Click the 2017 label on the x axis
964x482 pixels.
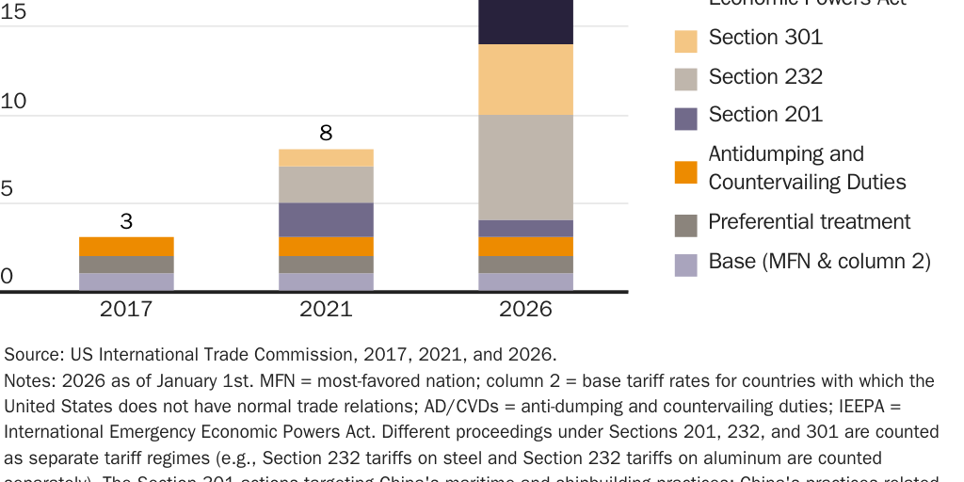coord(126,309)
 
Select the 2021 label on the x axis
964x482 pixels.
coord(326,309)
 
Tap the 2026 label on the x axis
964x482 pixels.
coord(525,309)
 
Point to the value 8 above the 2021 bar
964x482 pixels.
coord(326,133)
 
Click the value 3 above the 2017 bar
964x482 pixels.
coord(126,222)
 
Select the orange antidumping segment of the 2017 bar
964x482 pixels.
coord(126,246)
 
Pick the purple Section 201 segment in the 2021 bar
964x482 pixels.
coord(326,219)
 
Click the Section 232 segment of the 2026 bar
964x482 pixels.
coord(525,168)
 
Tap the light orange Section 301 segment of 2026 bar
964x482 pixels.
coord(525,80)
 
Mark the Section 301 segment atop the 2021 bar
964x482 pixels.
coord(326,158)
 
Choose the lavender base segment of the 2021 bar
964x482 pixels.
coord(326,281)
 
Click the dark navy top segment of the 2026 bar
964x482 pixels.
coord(525,21)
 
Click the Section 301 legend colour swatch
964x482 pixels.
coord(686,40)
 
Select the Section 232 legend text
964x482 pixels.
coord(765,76)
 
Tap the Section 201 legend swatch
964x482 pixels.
coord(686,118)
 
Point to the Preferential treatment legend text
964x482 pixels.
coord(809,221)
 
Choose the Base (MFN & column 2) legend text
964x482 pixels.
coord(819,261)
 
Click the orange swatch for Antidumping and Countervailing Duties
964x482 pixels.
coord(686,172)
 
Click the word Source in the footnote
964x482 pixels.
coord(32,355)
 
